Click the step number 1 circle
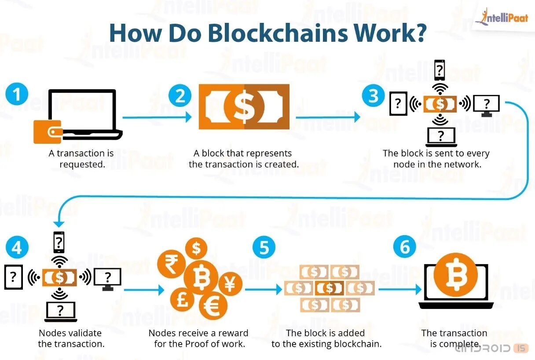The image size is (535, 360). coord(17,95)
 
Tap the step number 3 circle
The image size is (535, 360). coord(373,95)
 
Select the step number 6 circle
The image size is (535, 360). coord(404,248)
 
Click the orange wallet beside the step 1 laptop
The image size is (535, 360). coord(48,131)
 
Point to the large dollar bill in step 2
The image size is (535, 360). coord(244,107)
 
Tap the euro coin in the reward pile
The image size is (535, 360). coord(213,306)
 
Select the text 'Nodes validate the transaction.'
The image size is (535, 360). coord(71,338)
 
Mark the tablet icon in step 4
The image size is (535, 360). coord(14,277)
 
